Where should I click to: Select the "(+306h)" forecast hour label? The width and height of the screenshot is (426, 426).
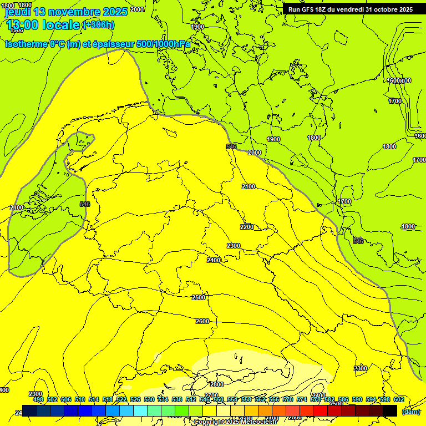tap(98, 25)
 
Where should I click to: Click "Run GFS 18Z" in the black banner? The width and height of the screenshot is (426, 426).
tap(312, 9)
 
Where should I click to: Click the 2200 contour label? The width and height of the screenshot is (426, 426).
tap(247, 227)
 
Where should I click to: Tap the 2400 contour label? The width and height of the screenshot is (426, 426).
tap(214, 260)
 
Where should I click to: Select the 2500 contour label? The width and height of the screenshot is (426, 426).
tap(198, 297)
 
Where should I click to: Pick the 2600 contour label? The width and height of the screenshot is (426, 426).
tap(202, 321)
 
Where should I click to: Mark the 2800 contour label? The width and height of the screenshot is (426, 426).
tap(216, 384)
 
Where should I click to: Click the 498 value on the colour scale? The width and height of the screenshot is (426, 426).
tap(38, 399)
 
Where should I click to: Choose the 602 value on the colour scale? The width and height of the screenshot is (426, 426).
tap(398, 399)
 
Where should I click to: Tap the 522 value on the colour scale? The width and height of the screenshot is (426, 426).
tap(121, 399)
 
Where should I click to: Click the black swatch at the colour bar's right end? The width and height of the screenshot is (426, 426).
tap(390, 410)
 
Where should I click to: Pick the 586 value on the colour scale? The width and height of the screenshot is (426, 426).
tap(343, 399)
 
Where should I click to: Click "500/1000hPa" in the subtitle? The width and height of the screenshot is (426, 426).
tap(163, 44)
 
